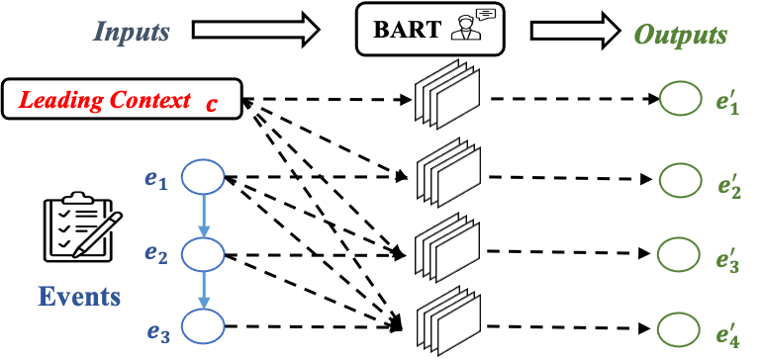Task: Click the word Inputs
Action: [x=132, y=33]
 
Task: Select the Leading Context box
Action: [x=122, y=99]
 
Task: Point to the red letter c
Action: [x=211, y=102]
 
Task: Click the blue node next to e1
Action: [x=205, y=179]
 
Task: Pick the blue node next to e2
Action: [x=205, y=254]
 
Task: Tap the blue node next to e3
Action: [x=205, y=327]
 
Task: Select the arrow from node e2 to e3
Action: [x=205, y=291]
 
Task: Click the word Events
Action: [x=79, y=296]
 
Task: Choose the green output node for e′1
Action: [x=680, y=101]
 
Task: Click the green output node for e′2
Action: [x=680, y=180]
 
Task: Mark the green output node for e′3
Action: [x=680, y=254]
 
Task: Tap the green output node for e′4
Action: [x=680, y=327]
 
